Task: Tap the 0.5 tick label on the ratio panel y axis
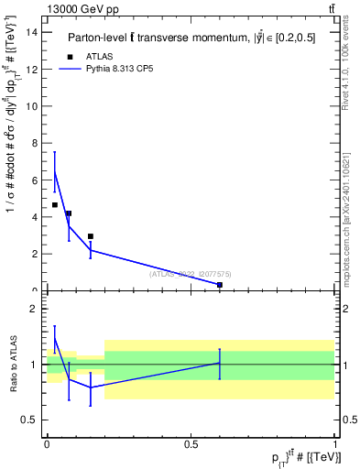pos(33,420)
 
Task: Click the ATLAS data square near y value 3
pos(91,236)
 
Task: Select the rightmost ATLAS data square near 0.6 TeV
pos(220,285)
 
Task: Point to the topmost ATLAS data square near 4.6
pos(55,205)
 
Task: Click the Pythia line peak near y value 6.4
pos(55,172)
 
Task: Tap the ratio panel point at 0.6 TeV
pos(220,363)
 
